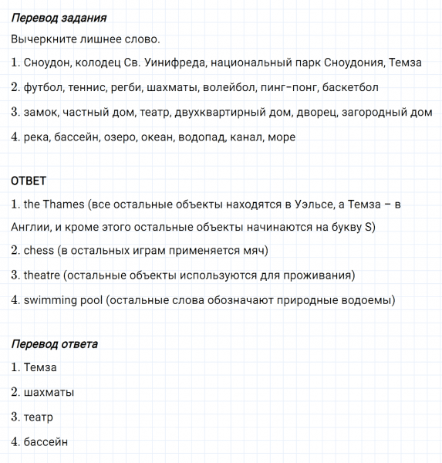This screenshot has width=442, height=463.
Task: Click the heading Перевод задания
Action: tap(59, 17)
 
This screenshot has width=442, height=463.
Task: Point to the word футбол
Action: tap(45, 88)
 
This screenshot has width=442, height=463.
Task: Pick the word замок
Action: tap(39, 113)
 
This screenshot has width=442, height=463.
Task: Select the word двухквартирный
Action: tap(216, 113)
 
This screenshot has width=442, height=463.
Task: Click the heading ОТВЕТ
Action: tap(29, 181)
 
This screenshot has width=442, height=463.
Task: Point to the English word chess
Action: tap(39, 251)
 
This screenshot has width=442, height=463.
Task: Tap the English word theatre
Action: tap(42, 275)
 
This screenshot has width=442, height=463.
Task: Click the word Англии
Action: tap(30, 228)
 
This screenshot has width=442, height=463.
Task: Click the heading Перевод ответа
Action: tap(55, 343)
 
